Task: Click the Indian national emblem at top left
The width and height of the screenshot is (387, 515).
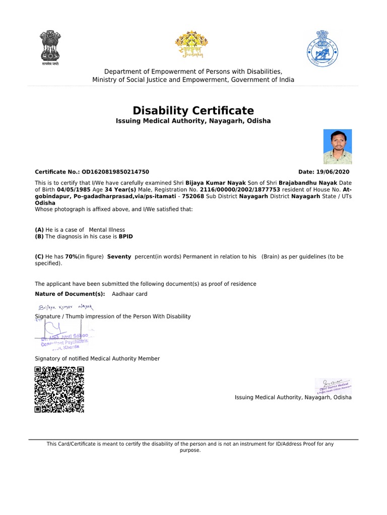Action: (50, 48)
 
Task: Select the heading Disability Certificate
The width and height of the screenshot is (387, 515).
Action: (193, 111)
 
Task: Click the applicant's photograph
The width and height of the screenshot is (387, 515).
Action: (337, 146)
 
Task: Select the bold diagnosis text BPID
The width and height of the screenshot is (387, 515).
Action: (126, 236)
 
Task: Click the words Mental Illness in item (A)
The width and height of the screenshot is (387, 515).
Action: (107, 229)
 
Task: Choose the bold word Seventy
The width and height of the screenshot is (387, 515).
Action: (119, 256)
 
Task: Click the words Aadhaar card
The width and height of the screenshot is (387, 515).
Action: (130, 294)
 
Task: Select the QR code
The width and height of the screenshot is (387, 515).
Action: (59, 389)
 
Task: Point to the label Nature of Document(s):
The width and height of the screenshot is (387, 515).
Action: (70, 294)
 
